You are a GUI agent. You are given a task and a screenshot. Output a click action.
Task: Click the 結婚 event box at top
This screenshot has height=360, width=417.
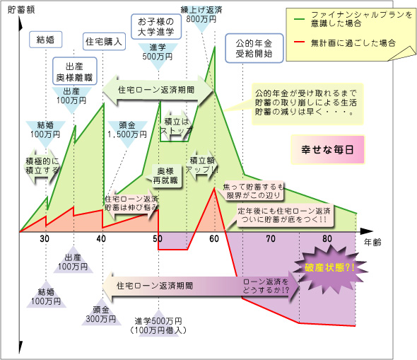pos(45,40)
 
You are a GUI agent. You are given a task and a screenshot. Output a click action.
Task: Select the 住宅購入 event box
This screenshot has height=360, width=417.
pos(104,42)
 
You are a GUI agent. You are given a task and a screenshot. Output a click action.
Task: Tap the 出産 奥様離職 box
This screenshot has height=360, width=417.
pos(74,71)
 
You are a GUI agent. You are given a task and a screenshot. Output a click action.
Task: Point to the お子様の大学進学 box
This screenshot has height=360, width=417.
pos(156,27)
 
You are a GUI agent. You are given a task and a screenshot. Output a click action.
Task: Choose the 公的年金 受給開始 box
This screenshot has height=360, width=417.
pos(254,48)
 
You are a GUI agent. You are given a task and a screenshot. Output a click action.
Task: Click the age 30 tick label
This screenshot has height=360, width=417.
pos(45,238)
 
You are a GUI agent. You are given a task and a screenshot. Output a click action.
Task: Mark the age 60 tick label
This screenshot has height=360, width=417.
pos(214,238)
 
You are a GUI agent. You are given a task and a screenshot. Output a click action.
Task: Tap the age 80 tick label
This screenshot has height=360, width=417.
pos(327,238)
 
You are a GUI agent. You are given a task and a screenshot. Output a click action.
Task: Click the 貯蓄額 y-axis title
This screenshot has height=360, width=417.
pos(21,10)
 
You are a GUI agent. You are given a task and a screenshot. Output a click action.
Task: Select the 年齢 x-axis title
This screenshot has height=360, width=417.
pos(372,243)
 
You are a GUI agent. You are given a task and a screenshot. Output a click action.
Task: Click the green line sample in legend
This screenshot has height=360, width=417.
pos(299,19)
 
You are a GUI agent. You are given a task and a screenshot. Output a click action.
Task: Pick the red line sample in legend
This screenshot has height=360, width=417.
pos(299,42)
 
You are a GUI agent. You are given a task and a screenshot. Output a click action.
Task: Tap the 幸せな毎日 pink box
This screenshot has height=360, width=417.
pos(328,149)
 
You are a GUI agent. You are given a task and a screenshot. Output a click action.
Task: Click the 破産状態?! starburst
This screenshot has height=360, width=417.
pos(330,267)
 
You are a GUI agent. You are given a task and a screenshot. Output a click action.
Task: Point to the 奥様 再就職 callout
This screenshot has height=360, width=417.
pos(165,176)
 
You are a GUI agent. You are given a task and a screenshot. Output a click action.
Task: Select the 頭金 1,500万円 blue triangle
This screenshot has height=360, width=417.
pos(127,133)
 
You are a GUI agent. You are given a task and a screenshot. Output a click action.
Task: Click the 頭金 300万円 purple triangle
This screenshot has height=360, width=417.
pos(101,313)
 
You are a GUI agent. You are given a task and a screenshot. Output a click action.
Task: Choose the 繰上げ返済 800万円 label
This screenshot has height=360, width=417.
pos(201,15)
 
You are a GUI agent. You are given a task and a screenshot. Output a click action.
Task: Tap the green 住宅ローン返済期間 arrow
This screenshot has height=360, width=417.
pos(158,90)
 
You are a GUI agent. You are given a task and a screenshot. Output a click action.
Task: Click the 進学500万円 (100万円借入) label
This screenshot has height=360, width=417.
pos(158,325)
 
